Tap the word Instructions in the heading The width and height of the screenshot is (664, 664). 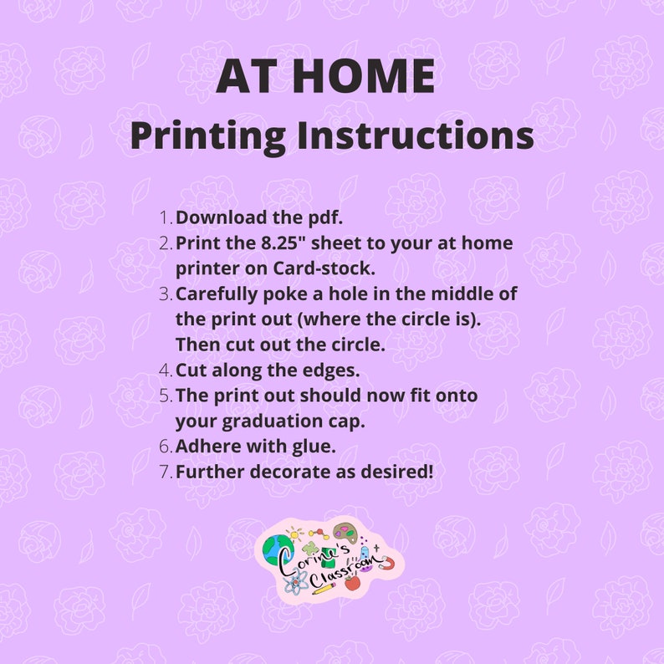(415, 135)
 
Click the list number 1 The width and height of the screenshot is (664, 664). (166, 217)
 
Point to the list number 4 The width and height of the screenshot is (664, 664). (166, 370)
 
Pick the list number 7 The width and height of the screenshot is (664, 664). (166, 472)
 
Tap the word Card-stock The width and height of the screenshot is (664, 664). (324, 268)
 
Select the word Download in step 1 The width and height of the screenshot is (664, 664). (221, 217)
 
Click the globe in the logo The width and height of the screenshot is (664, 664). (276, 548)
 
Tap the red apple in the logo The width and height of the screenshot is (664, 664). (352, 582)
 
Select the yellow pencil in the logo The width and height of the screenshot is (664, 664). (324, 587)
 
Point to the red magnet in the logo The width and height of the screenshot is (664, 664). (386, 563)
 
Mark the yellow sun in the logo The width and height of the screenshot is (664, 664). (294, 533)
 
